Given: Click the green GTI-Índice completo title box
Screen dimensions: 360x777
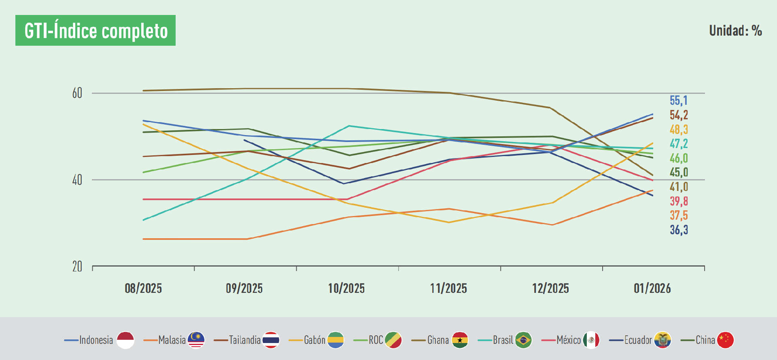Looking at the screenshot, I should [96, 30].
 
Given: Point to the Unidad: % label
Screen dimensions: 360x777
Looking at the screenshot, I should [735, 31].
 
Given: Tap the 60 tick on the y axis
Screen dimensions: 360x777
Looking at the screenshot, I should [77, 93].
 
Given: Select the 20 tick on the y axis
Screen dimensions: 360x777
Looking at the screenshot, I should [77, 267].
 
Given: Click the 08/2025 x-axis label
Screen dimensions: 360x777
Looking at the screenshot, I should [143, 288].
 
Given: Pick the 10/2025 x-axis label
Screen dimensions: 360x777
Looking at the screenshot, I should [346, 288].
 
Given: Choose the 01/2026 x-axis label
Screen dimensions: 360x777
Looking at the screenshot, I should [652, 288].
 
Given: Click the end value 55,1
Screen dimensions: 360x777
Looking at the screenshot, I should [679, 100].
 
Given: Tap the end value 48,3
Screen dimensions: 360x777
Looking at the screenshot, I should [679, 129].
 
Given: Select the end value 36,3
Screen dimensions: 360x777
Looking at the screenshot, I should [679, 230].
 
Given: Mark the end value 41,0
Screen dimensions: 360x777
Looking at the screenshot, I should [679, 186].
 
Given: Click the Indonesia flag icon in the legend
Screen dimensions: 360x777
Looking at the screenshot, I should [125, 340].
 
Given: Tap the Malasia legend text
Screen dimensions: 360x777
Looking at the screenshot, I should [172, 340].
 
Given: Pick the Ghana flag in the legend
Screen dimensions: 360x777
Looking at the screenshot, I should [460, 340].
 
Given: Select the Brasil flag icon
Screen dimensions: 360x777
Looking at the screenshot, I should [523, 340].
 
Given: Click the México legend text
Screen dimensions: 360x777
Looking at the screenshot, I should [569, 340].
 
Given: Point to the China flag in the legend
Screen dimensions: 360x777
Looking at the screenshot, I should [725, 340].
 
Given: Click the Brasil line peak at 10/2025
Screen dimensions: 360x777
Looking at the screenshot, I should [349, 126].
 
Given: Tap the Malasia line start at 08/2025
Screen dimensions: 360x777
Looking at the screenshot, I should [144, 239].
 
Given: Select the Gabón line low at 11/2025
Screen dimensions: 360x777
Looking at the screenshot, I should [448, 222].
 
